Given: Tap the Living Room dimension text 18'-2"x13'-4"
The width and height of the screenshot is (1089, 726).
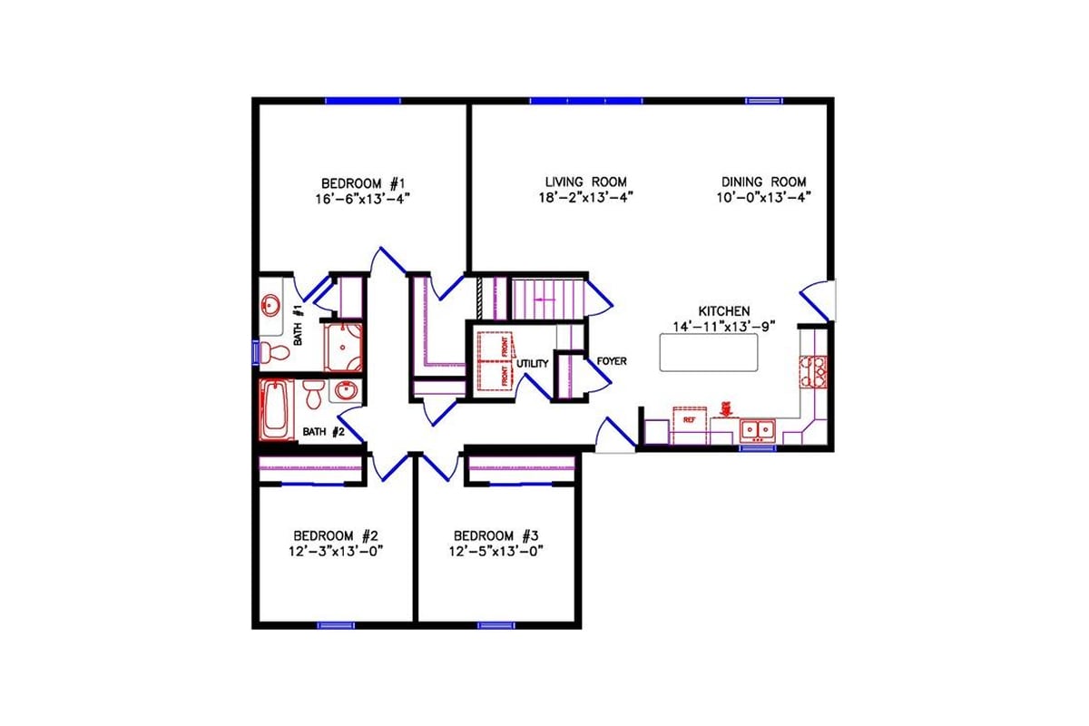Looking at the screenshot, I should [585, 196].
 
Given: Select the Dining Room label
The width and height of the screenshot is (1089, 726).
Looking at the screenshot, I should [763, 181].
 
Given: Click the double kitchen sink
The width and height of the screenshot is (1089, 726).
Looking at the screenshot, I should [756, 428].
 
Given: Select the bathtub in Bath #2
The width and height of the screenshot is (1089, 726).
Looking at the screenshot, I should [274, 409].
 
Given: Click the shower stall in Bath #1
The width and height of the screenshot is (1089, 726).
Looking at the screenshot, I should [343, 347].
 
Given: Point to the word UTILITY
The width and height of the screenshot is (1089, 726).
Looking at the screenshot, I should [533, 364].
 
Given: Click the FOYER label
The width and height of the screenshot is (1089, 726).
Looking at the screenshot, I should [612, 361].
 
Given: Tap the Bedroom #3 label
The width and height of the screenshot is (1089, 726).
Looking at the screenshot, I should [495, 535].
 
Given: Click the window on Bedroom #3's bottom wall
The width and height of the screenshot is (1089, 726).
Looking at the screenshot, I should [496, 624].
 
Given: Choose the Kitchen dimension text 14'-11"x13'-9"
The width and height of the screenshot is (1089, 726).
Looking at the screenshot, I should [723, 327].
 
